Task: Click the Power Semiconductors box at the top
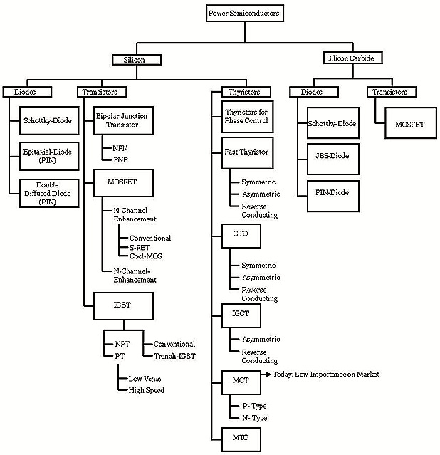pos(244,13)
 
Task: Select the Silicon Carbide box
pos(349,59)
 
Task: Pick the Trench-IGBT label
pos(174,355)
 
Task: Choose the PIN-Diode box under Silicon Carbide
pos(332,192)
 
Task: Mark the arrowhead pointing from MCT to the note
pos(269,374)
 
